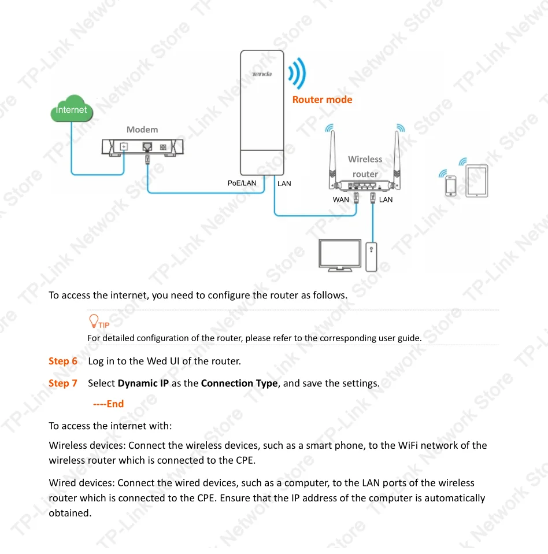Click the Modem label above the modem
pyautogui.click(x=142, y=130)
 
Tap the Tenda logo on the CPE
pyautogui.click(x=262, y=74)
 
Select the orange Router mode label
pyautogui.click(x=322, y=99)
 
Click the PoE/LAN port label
pyautogui.click(x=242, y=183)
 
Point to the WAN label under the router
pyautogui.click(x=340, y=200)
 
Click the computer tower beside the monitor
pyautogui.click(x=372, y=256)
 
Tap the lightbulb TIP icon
pyautogui.click(x=94, y=321)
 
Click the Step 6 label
pyautogui.click(x=63, y=361)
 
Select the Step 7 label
pyautogui.click(x=63, y=383)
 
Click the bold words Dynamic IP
pyautogui.click(x=143, y=383)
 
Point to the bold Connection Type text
pyautogui.click(x=239, y=383)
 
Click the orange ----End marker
pyautogui.click(x=109, y=404)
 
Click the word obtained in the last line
pyautogui.click(x=71, y=512)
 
